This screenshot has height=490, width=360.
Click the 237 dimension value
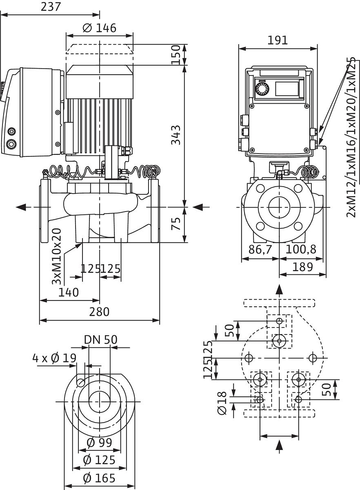51,7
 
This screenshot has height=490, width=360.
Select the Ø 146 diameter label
100,28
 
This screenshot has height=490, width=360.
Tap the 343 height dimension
176,135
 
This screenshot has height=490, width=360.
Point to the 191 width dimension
278,40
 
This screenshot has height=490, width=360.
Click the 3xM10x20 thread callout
56,256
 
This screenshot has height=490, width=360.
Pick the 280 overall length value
99,312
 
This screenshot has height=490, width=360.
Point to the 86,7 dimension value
260,249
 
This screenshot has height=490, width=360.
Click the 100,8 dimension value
301,249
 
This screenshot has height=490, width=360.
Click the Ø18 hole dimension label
222,403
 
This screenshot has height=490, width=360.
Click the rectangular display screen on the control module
287,89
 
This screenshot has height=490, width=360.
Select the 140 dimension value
69,292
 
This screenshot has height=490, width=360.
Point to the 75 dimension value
176,223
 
